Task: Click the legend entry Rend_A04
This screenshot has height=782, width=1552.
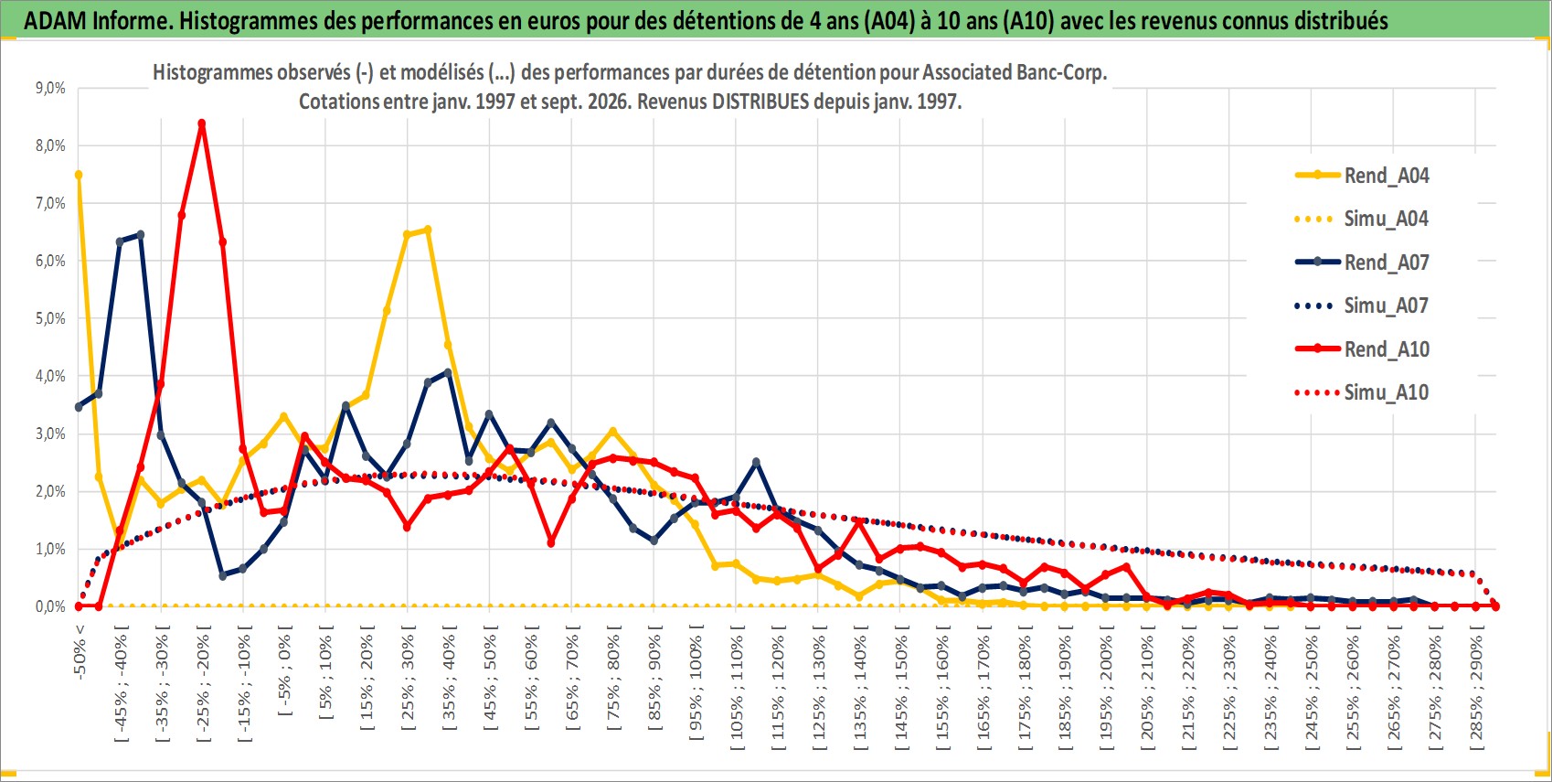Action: pos(1362,176)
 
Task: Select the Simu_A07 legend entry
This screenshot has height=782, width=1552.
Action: pos(1362,305)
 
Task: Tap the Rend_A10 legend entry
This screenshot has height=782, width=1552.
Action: pos(1362,348)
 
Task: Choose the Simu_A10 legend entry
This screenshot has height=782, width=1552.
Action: pos(1362,392)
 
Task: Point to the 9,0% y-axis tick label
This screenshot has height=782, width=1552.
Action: pos(50,88)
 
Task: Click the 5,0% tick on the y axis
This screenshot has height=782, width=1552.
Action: pos(50,318)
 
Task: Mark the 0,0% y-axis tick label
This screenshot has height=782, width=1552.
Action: pos(50,606)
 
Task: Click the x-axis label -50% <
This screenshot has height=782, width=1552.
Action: pos(80,652)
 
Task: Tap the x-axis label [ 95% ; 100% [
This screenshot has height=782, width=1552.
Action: pos(696,682)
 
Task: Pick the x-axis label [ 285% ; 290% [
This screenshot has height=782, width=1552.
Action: pos(1476,687)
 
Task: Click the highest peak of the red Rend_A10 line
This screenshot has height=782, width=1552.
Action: pos(202,123)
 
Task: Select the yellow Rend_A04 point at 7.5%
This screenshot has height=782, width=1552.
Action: pos(79,175)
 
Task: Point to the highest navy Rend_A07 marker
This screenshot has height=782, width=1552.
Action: pos(141,234)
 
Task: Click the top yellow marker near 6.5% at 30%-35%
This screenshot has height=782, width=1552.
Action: pos(428,230)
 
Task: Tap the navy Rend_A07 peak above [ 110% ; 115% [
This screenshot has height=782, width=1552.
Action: pos(757,462)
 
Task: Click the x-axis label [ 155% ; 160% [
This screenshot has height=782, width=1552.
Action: pos(942,687)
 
